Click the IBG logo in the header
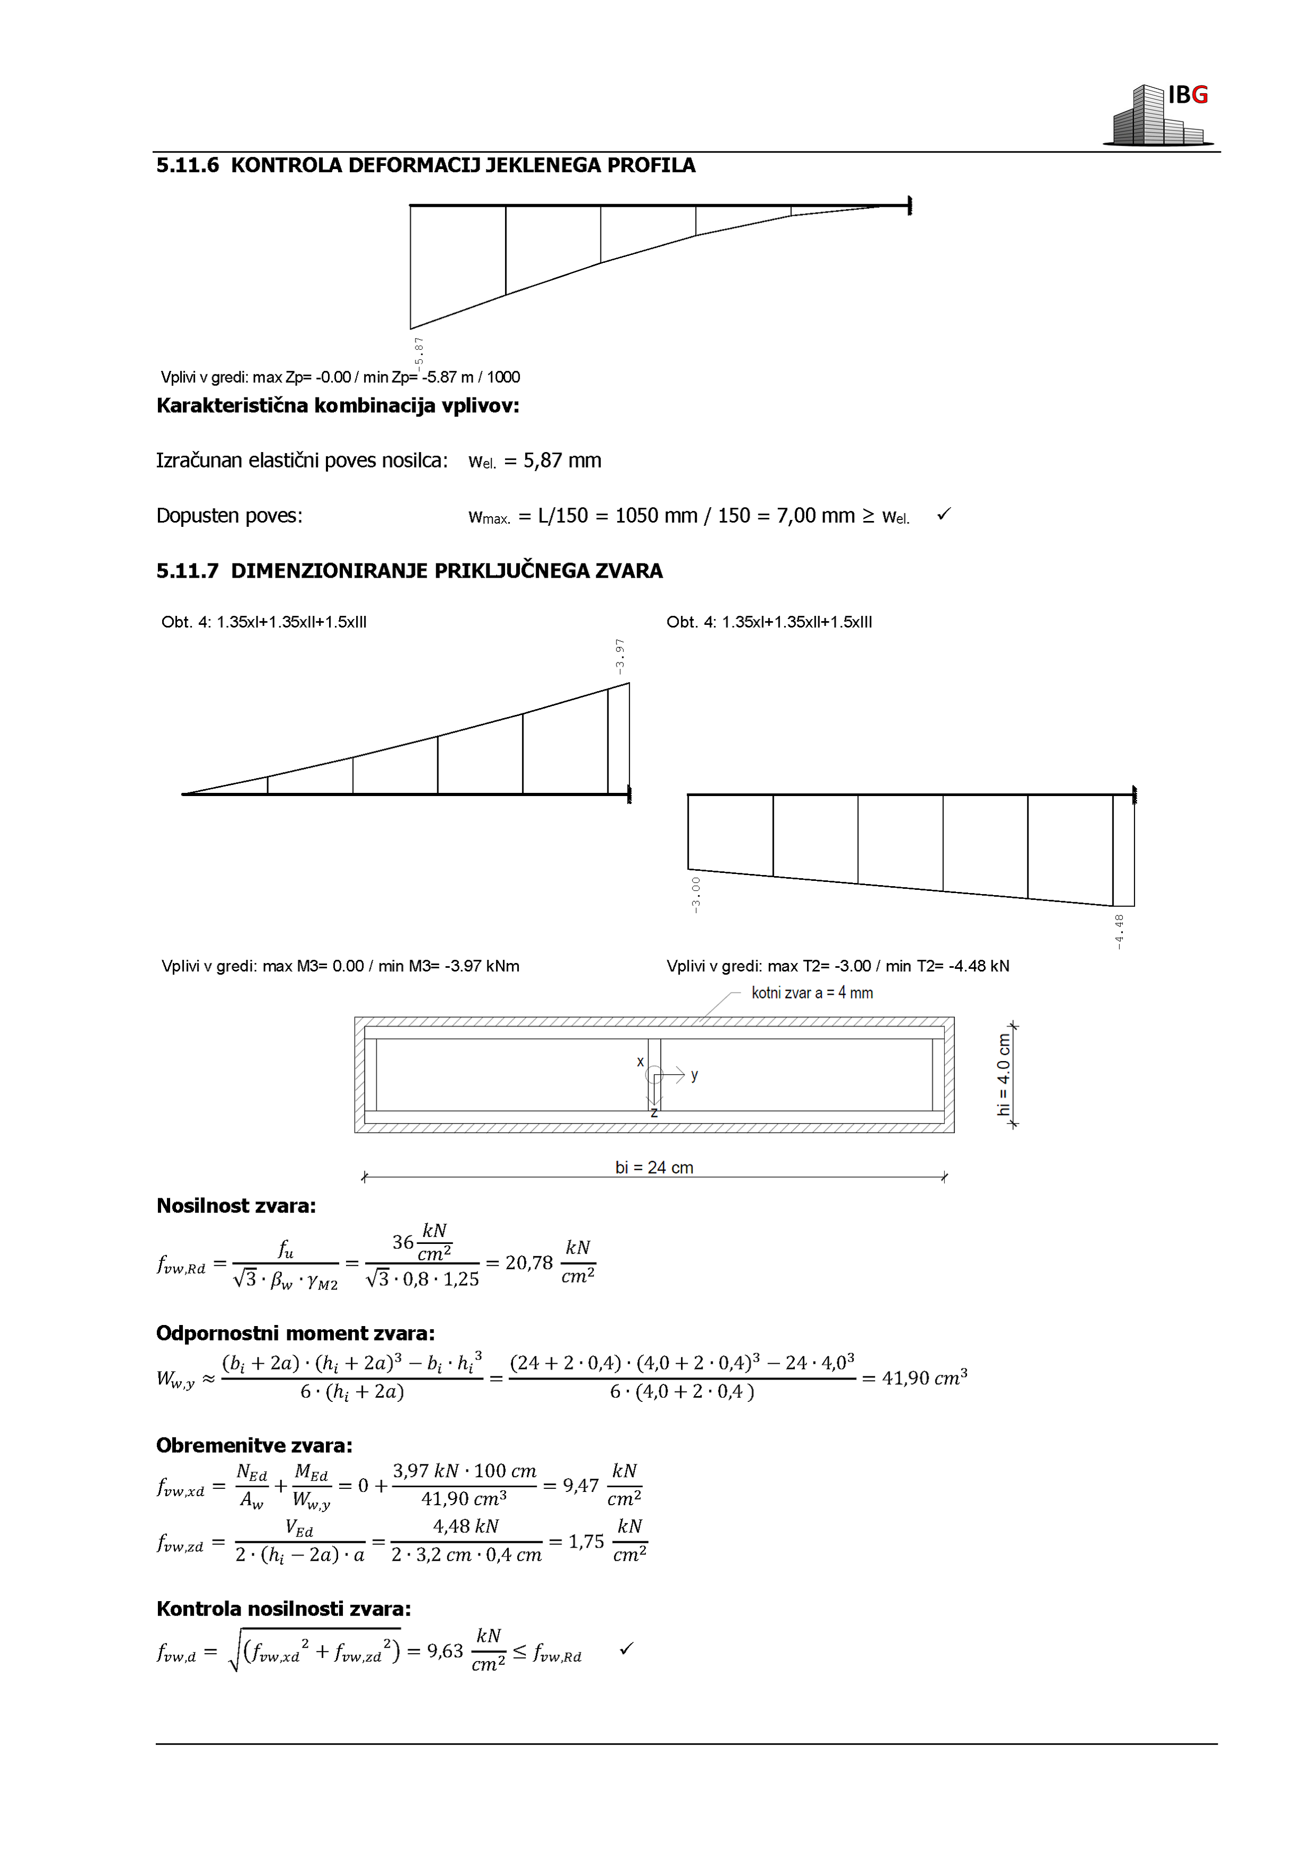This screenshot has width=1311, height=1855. [x=1160, y=114]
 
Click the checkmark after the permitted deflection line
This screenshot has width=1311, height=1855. [x=943, y=514]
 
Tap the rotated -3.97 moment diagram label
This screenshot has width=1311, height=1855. [x=619, y=656]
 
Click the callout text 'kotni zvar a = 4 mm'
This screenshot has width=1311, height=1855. [x=812, y=993]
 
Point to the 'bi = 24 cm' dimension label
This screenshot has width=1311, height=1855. [x=654, y=1168]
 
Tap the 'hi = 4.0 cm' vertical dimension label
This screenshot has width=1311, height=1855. [x=1003, y=1074]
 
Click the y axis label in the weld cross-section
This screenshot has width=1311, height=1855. [x=695, y=1075]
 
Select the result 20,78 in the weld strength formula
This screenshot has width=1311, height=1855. [x=528, y=1263]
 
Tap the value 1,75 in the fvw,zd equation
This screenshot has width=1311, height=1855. [x=586, y=1542]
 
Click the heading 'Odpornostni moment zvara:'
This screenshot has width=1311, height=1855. [x=295, y=1334]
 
